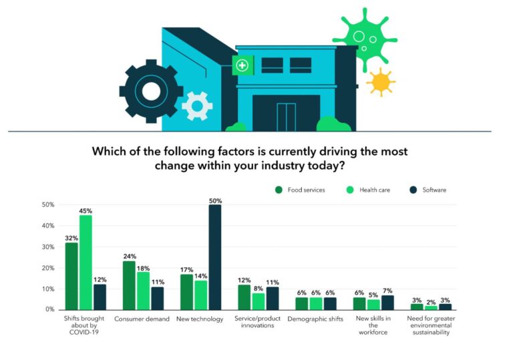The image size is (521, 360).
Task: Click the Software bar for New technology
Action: click(x=215, y=257)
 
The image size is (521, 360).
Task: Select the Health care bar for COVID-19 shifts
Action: click(x=85, y=262)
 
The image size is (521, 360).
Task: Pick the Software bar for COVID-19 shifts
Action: click(x=100, y=297)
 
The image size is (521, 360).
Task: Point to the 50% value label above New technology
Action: click(x=215, y=200)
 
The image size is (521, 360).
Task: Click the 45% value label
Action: click(x=85, y=210)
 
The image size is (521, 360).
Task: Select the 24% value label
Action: click(x=129, y=255)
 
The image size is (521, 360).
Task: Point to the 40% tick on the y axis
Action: click(x=48, y=226)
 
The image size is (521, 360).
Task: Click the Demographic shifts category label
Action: click(x=315, y=319)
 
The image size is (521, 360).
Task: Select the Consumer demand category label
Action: click(x=142, y=319)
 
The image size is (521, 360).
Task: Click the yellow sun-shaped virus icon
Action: click(x=381, y=82)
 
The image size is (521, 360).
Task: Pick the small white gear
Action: click(x=197, y=106)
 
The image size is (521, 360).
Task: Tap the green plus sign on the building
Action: click(x=242, y=65)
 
